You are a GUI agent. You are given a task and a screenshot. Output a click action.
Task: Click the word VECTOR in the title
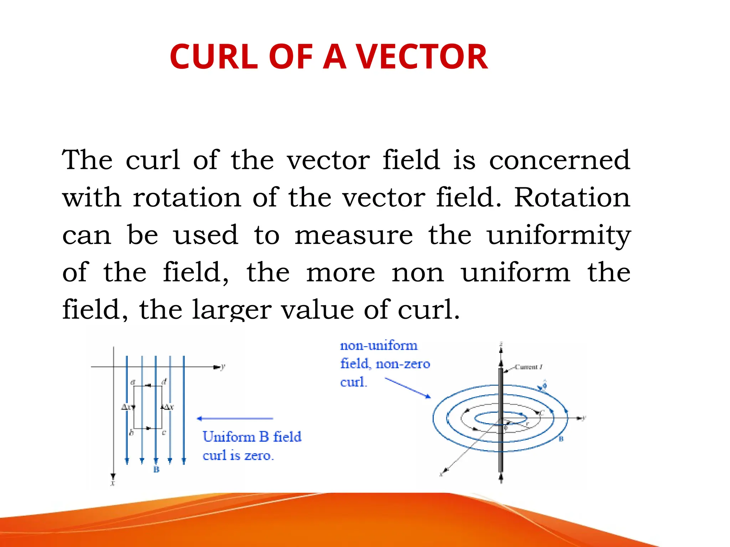point(422,57)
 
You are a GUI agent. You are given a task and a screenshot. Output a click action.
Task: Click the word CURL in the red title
point(214,57)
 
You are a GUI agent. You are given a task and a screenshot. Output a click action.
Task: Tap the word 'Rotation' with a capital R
point(572,198)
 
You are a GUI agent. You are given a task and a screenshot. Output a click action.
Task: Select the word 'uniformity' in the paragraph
point(559,236)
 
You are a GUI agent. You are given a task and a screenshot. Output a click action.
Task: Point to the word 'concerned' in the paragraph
point(559,160)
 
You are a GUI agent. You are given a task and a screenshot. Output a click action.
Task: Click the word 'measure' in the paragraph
point(354,236)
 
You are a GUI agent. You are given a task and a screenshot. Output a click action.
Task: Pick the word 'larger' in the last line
point(232,310)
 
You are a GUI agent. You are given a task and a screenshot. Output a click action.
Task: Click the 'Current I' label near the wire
point(529,367)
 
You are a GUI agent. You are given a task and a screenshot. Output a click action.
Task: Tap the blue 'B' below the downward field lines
point(156,470)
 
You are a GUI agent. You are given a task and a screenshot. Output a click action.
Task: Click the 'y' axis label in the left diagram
point(223,367)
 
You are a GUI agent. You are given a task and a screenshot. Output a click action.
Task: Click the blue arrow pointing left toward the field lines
point(235,418)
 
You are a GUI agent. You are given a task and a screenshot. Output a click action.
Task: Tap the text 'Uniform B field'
point(252,437)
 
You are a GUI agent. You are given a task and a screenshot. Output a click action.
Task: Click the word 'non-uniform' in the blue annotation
point(379,345)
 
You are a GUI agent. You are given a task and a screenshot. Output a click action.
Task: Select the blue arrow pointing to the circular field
point(408,388)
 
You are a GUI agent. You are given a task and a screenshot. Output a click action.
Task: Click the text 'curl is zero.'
point(238,455)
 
